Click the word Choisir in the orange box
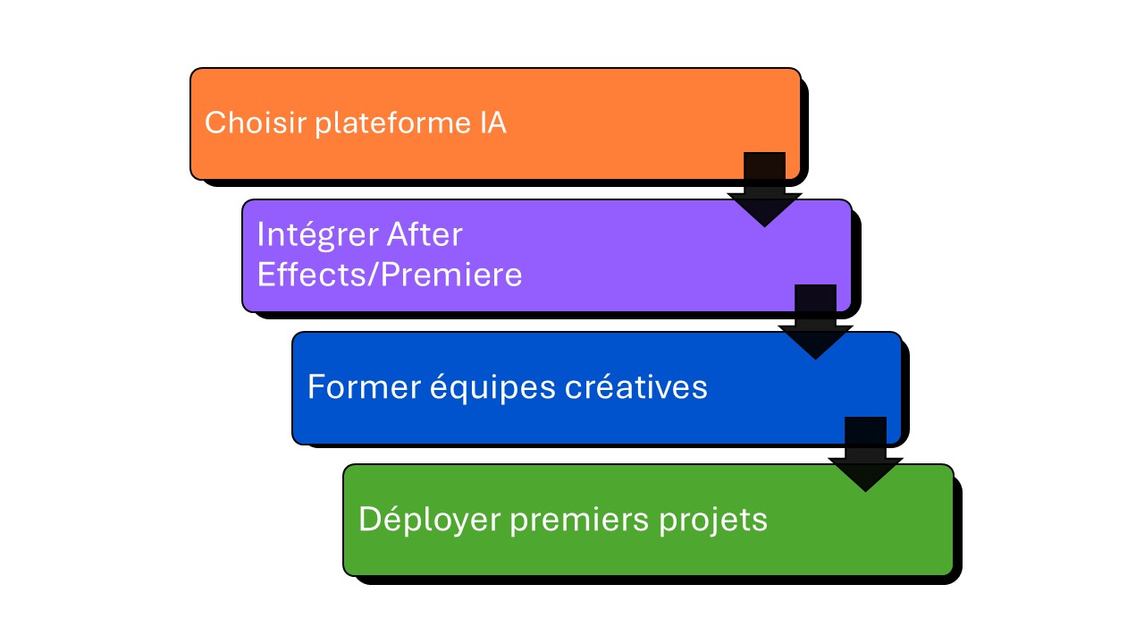[256, 123]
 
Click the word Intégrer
[316, 235]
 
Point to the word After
[425, 234]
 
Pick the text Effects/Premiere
[389, 275]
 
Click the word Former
[351, 386]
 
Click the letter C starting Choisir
[214, 123]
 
